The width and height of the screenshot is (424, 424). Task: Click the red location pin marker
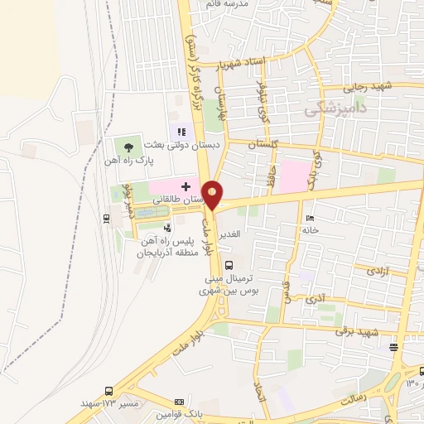click(214, 194)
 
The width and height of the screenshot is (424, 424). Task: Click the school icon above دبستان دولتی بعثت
click(181, 131)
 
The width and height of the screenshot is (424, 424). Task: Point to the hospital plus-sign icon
click(185, 188)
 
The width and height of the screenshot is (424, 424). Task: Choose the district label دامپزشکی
click(336, 108)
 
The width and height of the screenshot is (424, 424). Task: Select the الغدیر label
click(233, 234)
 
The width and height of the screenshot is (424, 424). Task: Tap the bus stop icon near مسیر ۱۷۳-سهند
click(109, 390)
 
